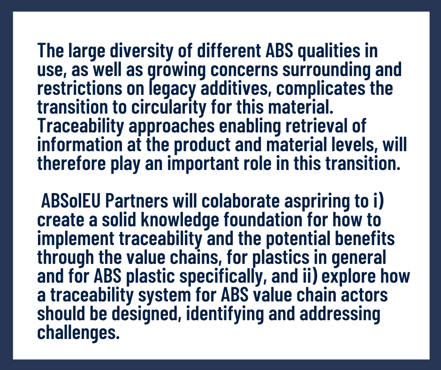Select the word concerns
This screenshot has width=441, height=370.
coord(244,70)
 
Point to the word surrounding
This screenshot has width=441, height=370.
coord(326,70)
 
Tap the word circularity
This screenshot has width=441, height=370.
coord(169,108)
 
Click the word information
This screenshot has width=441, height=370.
coord(80,145)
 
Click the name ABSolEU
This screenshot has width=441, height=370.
coord(70,201)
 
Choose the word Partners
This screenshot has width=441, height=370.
coord(137,201)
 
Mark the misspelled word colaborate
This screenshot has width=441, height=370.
coord(241,201)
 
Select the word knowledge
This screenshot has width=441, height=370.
coord(180,220)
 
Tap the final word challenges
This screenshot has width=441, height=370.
coord(78,332)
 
